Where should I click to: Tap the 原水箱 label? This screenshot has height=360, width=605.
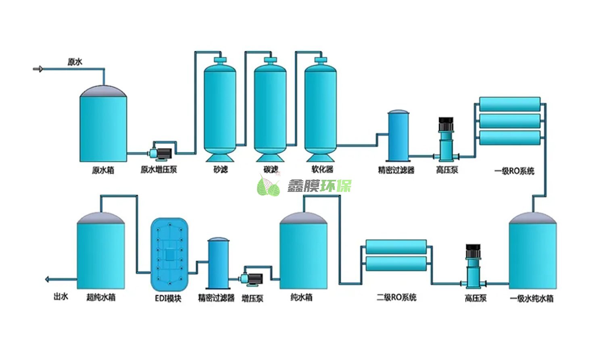103,170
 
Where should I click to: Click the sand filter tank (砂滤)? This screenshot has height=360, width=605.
220,109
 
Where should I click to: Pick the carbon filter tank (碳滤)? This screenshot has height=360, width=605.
270,109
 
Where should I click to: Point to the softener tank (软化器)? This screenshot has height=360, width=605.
321,109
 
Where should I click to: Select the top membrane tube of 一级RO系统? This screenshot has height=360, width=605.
509,104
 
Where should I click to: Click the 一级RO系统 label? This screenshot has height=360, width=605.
514,171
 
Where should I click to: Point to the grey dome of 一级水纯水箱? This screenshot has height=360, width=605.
532,218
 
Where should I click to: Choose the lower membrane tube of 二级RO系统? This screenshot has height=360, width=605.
396,263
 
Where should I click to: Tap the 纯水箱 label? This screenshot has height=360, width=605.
301,298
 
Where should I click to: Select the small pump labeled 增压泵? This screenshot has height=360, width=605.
252,279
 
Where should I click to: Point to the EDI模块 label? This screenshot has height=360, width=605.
168,299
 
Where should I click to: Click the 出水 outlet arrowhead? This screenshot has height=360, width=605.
47,279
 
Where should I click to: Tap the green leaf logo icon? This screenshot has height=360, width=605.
268,186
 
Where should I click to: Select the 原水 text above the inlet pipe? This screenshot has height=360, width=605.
75,62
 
